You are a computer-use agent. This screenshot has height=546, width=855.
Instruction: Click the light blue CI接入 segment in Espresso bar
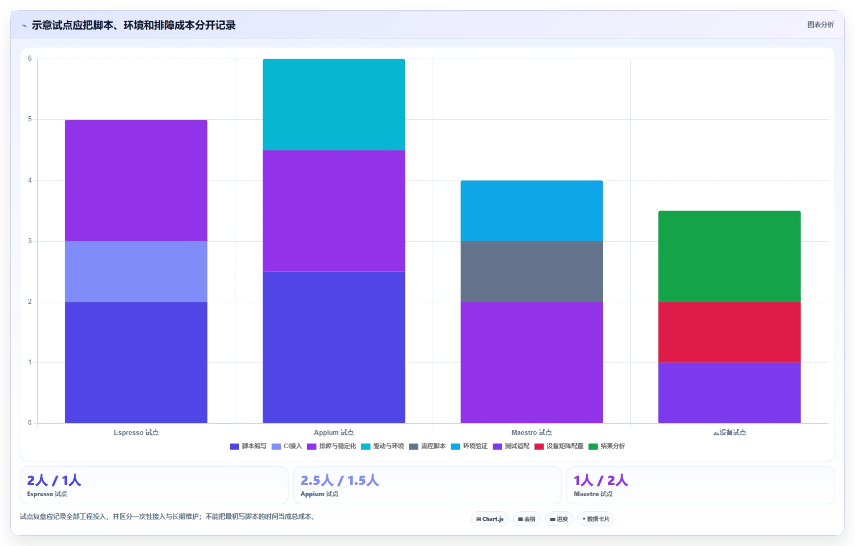click(x=136, y=272)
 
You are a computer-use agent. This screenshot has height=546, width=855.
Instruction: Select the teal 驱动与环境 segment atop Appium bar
click(x=334, y=105)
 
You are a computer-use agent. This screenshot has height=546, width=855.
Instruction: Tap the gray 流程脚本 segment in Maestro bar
click(x=532, y=272)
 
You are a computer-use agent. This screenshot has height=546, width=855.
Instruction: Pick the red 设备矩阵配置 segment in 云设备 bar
click(x=730, y=332)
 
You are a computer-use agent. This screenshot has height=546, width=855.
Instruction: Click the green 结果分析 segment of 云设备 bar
click(x=730, y=256)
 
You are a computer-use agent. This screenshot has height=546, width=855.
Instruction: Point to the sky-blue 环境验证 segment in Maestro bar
click(x=532, y=211)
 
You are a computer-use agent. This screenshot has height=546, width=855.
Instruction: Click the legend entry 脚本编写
click(x=248, y=446)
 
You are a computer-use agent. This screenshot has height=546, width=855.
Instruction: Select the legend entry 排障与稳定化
click(x=332, y=446)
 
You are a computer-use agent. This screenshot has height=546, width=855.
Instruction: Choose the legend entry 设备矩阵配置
click(x=559, y=446)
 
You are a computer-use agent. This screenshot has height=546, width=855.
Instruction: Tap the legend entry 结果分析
click(x=607, y=446)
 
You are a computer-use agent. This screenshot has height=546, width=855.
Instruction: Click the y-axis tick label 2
click(x=30, y=302)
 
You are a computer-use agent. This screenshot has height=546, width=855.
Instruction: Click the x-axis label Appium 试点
click(x=334, y=433)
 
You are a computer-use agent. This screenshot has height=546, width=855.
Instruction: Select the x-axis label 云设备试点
click(x=730, y=433)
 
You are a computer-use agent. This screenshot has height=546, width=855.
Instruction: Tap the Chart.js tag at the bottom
click(x=490, y=519)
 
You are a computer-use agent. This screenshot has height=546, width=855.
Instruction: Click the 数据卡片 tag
click(x=596, y=519)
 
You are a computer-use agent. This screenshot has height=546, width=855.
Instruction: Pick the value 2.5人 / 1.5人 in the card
click(x=340, y=480)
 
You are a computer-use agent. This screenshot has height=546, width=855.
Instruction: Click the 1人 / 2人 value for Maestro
click(x=601, y=480)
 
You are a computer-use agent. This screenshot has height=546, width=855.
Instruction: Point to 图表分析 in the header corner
click(x=821, y=25)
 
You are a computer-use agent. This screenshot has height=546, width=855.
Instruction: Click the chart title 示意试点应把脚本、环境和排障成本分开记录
click(x=133, y=25)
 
